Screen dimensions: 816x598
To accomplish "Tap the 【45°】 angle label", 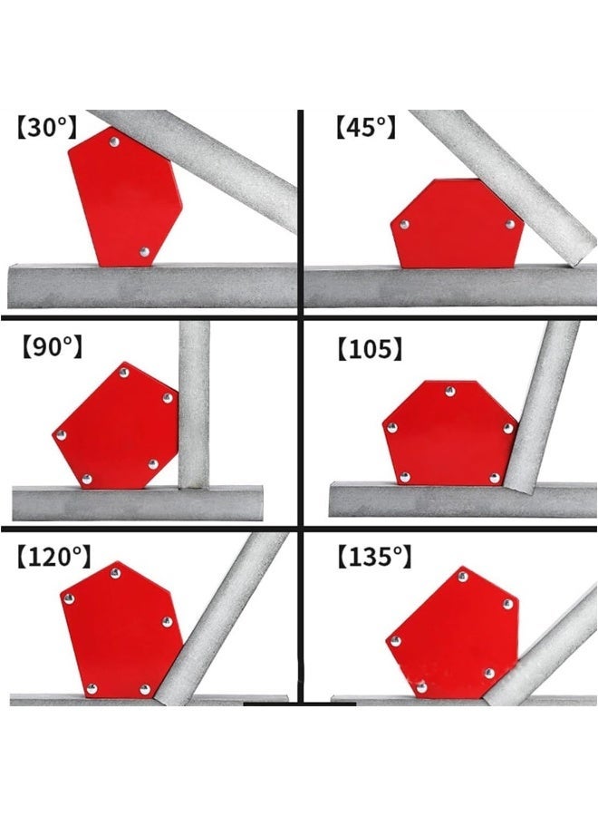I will tap(365, 127).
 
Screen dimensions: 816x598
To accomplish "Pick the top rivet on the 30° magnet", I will tap(112, 141).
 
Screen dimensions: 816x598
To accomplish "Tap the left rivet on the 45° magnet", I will tap(405, 224).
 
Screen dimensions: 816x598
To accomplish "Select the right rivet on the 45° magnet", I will tap(510, 224).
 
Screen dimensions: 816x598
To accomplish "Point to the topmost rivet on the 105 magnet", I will tap(448, 392).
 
